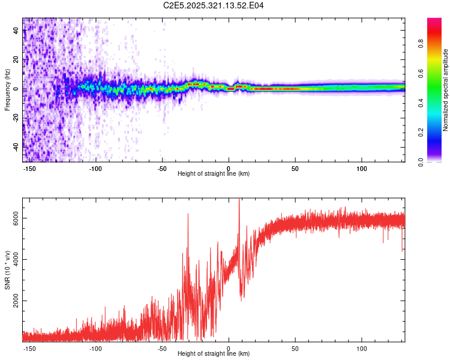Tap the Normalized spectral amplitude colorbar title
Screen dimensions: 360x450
coord(445,90)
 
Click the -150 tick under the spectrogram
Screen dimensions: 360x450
coord(29,167)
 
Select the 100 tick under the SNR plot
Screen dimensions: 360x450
coord(362,347)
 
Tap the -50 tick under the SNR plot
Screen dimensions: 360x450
coord(162,347)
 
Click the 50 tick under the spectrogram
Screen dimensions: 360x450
coord(295,167)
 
